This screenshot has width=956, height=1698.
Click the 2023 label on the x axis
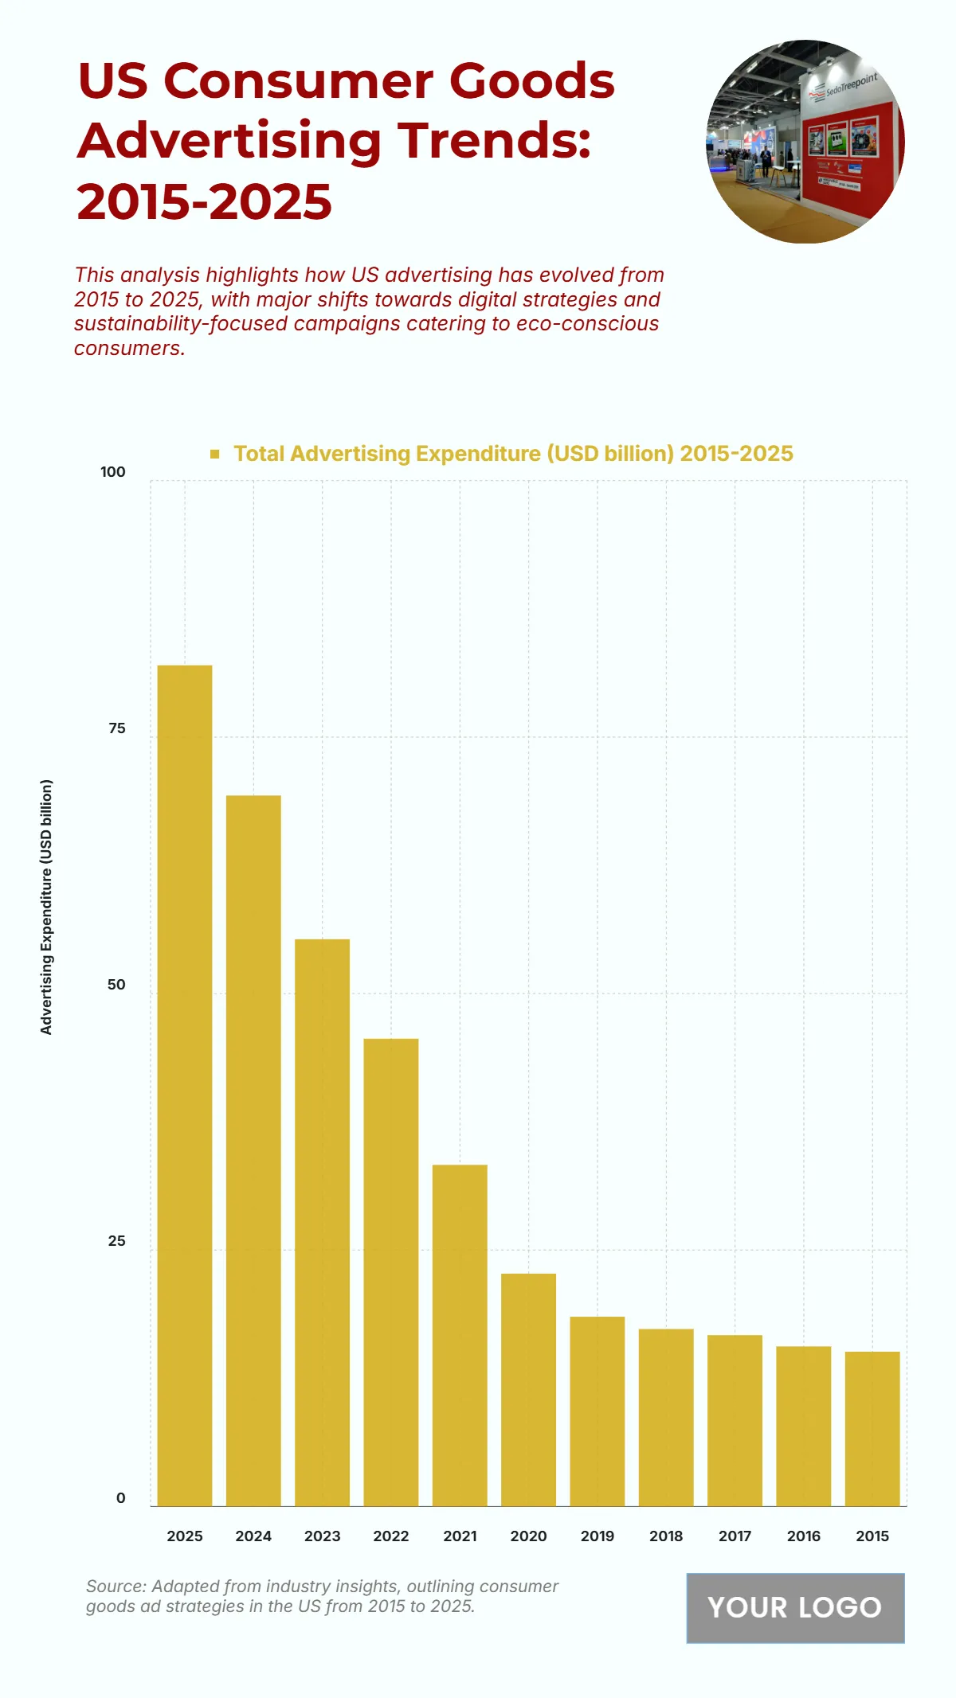(322, 1536)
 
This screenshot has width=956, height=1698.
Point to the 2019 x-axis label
(597, 1536)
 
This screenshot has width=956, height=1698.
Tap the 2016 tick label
(803, 1536)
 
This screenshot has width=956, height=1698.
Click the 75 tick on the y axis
(117, 728)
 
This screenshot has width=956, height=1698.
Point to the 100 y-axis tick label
(113, 472)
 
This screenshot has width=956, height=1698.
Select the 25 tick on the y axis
(117, 1241)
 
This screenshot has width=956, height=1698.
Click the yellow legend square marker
(214, 454)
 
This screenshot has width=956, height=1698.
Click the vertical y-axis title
(46, 907)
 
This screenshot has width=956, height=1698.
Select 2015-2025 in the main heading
(205, 201)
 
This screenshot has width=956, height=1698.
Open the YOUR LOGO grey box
(795, 1607)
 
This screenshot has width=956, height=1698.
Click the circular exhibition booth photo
(805, 142)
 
